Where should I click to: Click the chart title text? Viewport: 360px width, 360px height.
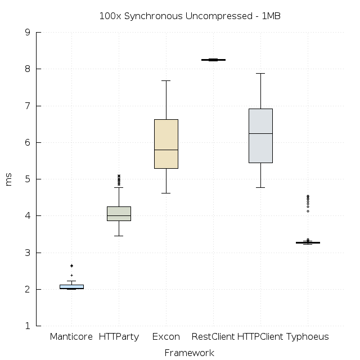click(190, 16)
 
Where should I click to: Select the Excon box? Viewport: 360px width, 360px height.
click(166, 143)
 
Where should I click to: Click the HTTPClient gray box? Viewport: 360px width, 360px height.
click(260, 136)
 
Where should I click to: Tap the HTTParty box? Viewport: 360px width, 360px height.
click(119, 214)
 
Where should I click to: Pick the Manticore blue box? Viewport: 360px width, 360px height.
click(71, 286)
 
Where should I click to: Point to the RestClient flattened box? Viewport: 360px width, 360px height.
click(213, 60)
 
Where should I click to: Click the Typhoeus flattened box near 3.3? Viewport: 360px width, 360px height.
click(308, 242)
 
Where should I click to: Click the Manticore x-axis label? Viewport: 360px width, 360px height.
click(71, 337)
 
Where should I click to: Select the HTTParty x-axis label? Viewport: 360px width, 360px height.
click(119, 337)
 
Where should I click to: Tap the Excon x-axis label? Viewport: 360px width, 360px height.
click(166, 337)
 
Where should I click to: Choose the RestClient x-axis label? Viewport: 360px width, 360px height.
click(213, 337)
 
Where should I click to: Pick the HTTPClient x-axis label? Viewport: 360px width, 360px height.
click(260, 337)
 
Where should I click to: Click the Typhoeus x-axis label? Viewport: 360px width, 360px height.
click(308, 337)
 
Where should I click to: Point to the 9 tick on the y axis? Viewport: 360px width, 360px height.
click(28, 33)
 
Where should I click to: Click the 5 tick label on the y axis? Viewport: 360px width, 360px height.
click(28, 179)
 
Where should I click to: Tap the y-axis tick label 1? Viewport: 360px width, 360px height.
click(28, 326)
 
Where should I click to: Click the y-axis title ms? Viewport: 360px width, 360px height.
click(9, 179)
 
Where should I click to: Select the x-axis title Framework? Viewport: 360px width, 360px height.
click(189, 353)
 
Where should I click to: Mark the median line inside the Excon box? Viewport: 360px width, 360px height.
click(166, 150)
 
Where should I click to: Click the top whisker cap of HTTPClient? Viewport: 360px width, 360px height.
click(260, 73)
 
